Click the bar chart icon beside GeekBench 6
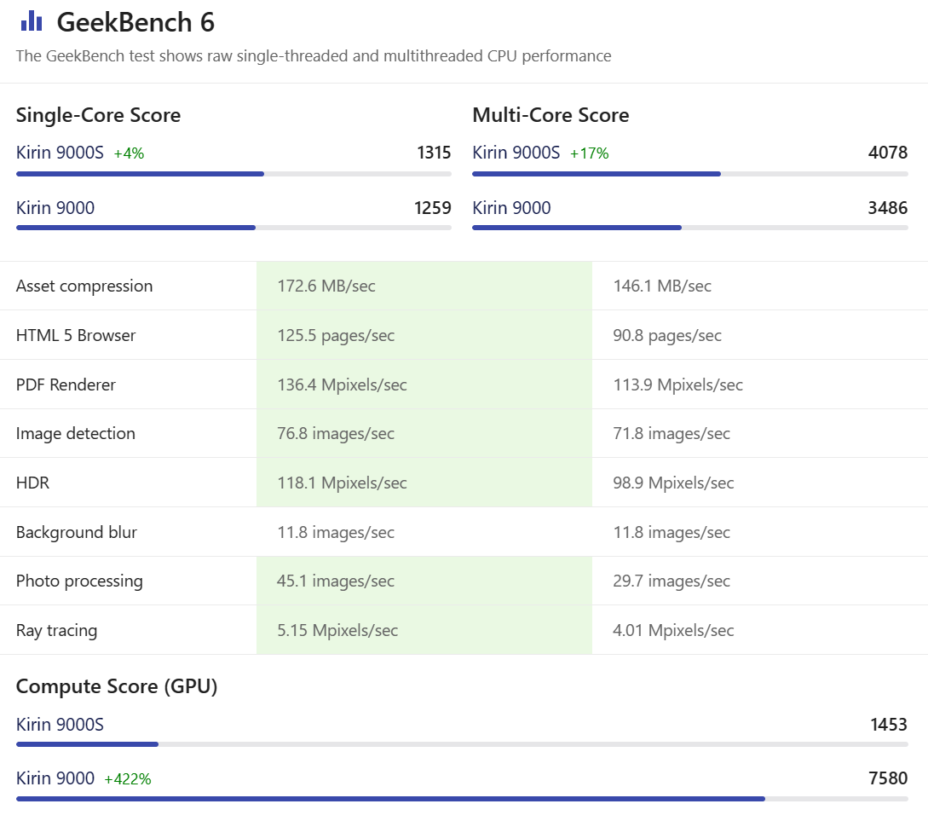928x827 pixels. (x=32, y=21)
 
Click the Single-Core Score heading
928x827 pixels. (x=98, y=115)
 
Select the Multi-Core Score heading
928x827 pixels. (x=550, y=115)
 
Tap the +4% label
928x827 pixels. (x=129, y=153)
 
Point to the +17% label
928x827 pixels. (x=589, y=153)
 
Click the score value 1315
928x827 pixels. (x=434, y=153)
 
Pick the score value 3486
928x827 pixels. (x=888, y=207)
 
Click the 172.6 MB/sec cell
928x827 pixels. (x=326, y=286)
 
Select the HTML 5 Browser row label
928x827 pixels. (x=76, y=335)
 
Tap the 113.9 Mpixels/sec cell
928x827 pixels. (x=677, y=385)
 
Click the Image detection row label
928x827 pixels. (x=76, y=433)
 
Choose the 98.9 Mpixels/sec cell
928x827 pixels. (x=673, y=483)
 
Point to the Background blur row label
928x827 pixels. (x=77, y=532)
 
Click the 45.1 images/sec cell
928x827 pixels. (x=336, y=581)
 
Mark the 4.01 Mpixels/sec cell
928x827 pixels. (x=673, y=630)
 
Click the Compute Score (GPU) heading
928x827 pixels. (x=117, y=686)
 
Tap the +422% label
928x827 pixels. (x=128, y=778)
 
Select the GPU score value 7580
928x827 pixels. (x=889, y=778)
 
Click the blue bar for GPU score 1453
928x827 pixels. (x=87, y=744)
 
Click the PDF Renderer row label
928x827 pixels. (x=66, y=385)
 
